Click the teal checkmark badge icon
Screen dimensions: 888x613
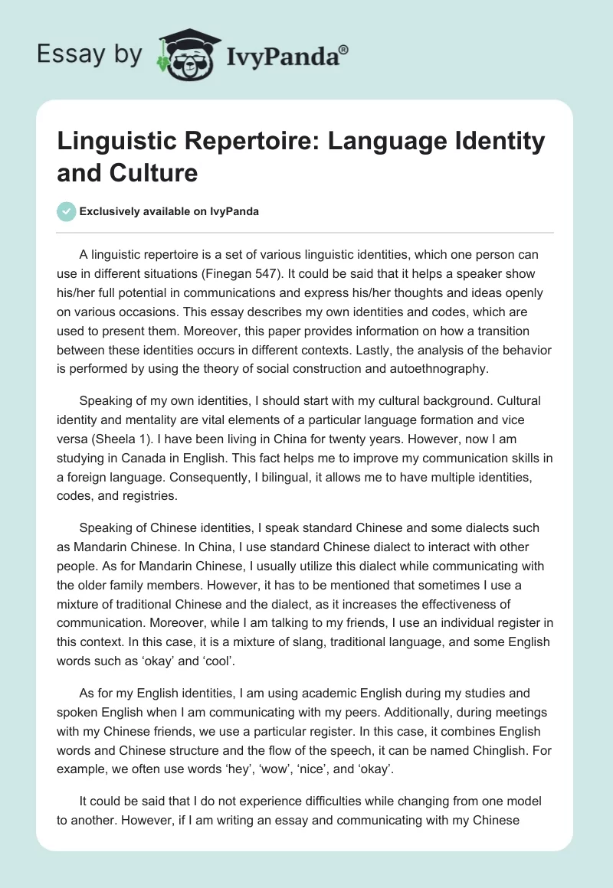tap(67, 212)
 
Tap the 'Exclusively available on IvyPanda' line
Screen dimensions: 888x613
tap(169, 212)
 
